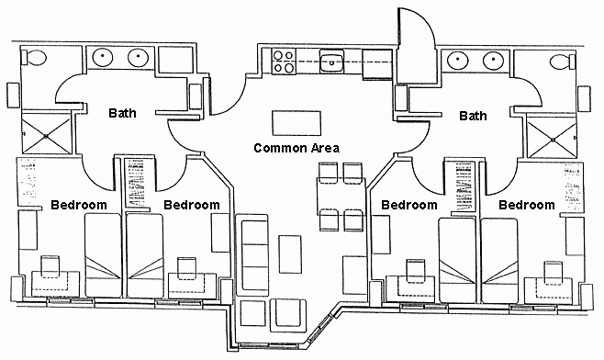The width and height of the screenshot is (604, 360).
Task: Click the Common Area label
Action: pyautogui.click(x=296, y=148)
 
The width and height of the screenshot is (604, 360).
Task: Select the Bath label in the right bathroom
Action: pyautogui.click(x=473, y=115)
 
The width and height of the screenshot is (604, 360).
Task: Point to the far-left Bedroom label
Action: pyautogui.click(x=79, y=204)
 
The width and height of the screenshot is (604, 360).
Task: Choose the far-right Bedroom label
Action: pyautogui.click(x=526, y=204)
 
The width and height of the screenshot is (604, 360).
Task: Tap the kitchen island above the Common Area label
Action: pyautogui.click(x=296, y=121)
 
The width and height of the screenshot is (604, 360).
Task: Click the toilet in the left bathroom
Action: pyautogui.click(x=34, y=60)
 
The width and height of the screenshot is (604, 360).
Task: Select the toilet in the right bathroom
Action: pyautogui.click(x=561, y=61)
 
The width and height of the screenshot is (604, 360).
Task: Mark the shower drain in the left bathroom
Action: pyautogui.click(x=46, y=136)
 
